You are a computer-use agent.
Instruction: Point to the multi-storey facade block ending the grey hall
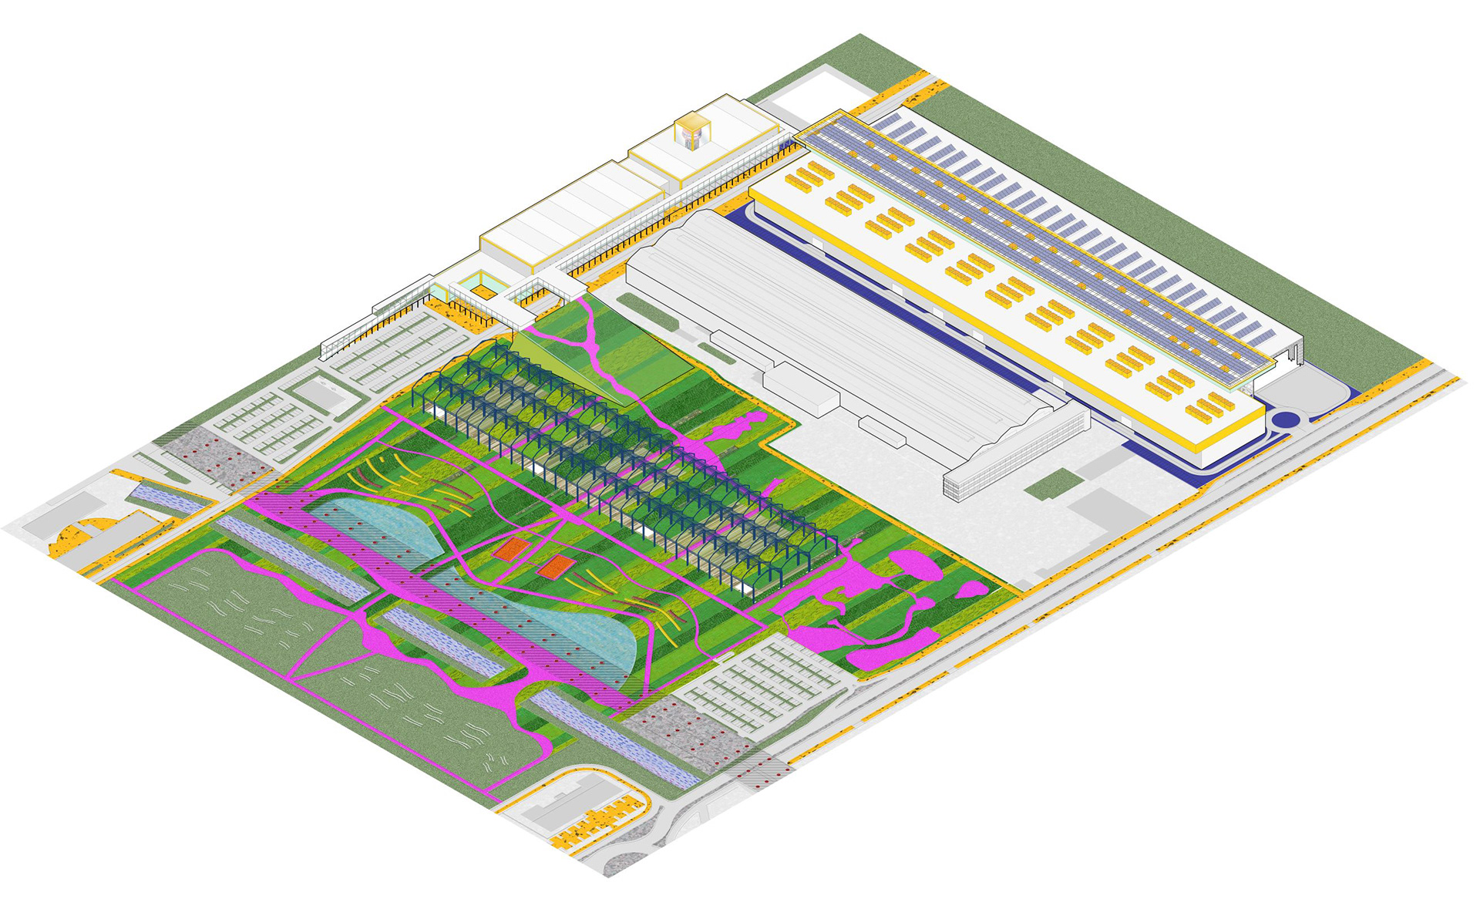coord(1017,455)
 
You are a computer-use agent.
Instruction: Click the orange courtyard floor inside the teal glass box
coord(483,291)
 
